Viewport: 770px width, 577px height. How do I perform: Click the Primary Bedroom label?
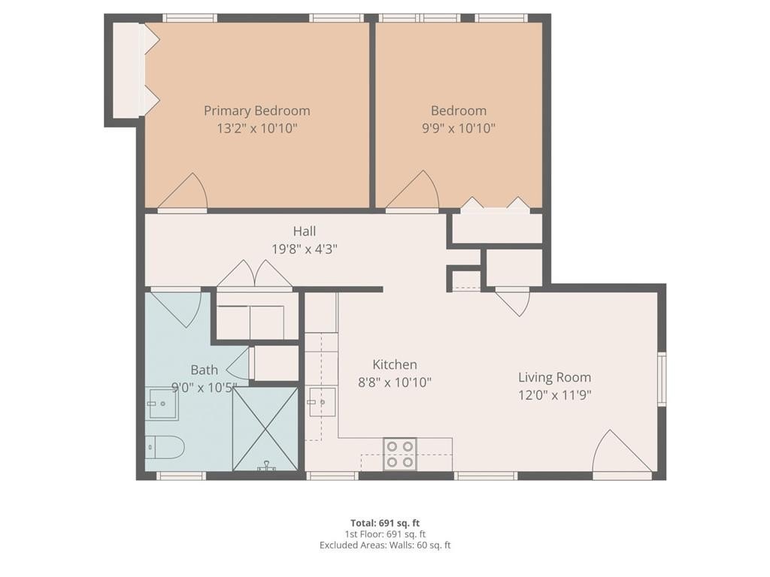coord(257,111)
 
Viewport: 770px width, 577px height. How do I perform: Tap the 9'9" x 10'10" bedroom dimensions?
coord(459,128)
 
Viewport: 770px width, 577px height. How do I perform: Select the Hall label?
coord(305,231)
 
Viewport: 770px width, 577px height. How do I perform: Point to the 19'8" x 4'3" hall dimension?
coord(305,249)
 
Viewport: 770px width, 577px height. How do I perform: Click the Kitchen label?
coord(395,364)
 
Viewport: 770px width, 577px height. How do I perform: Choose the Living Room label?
coord(554,377)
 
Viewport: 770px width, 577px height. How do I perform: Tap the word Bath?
coord(204,370)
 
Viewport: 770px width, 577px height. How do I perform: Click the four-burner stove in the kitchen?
coord(400,455)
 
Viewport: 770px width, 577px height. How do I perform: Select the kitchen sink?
coord(322,403)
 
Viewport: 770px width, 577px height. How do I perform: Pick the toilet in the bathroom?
coord(165,447)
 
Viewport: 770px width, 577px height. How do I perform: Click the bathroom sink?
coord(163,404)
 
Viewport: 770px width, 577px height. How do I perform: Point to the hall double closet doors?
coord(255,273)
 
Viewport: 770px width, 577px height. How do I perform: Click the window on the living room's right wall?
coord(662,379)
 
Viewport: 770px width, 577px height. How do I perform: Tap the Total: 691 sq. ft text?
coord(385,523)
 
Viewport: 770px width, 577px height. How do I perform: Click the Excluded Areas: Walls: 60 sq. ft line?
coord(385,545)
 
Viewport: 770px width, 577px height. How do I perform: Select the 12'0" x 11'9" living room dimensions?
coord(554,395)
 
